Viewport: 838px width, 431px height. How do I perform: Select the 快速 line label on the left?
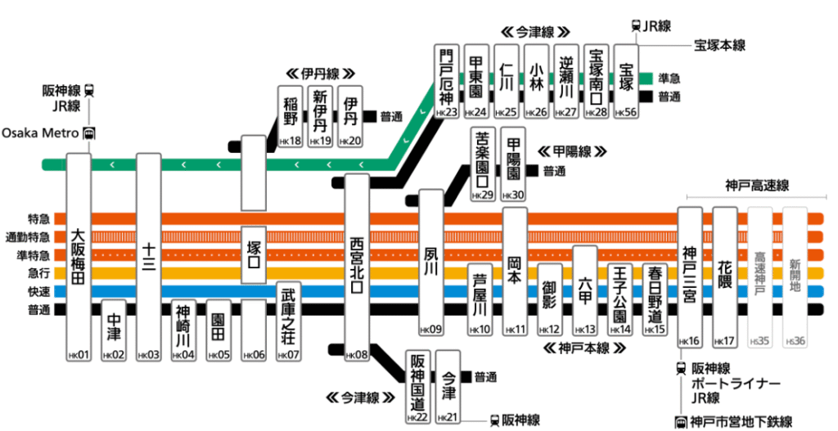[38, 291]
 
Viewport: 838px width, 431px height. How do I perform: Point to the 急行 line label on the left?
[38, 273]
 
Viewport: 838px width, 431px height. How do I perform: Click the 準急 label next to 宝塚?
[670, 79]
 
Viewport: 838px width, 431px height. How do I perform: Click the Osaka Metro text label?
[40, 132]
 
